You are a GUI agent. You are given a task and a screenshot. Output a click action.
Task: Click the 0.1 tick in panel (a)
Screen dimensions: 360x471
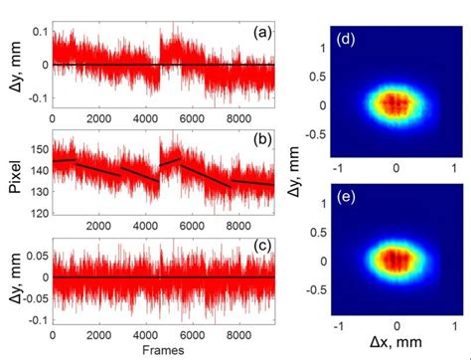tap(36, 32)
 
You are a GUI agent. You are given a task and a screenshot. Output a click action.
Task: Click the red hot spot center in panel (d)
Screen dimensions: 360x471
tap(394, 103)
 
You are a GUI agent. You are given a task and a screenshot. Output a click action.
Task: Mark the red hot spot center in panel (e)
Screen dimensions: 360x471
tap(394, 260)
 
